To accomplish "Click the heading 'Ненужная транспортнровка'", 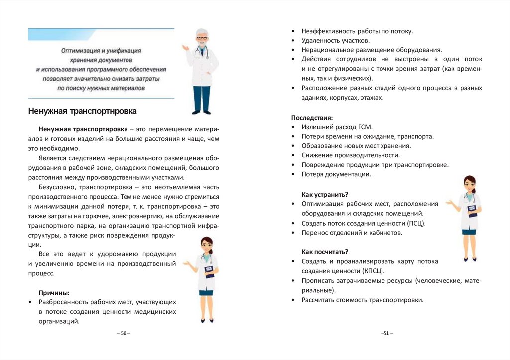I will [x=82, y=111].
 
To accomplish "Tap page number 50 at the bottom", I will [x=123, y=333].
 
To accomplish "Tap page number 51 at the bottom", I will [x=386, y=333].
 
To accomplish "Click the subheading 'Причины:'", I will [x=54, y=292].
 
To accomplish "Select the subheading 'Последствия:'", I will [x=311, y=118].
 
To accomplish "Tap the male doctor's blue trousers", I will [x=201, y=98].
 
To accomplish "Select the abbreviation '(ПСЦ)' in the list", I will [x=416, y=223].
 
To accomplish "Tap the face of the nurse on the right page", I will [x=470, y=186].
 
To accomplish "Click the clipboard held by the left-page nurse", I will [x=209, y=271].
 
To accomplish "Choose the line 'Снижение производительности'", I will [x=351, y=155].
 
